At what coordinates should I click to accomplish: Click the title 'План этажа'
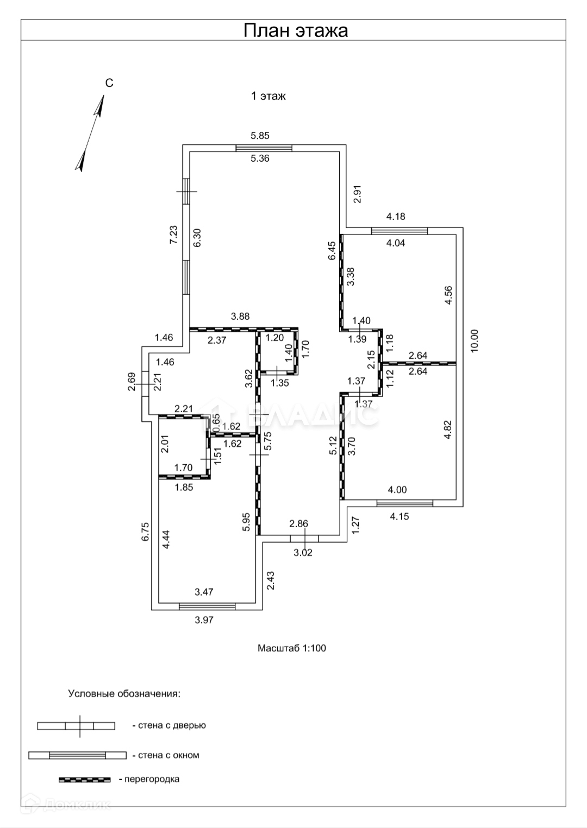[295, 30]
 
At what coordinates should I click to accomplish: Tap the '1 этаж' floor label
[268, 96]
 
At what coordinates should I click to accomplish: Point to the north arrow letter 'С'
[109, 83]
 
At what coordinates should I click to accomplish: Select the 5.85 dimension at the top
[260, 136]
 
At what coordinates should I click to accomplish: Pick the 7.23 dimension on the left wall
[174, 235]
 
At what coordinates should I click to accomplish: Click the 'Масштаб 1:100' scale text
[292, 648]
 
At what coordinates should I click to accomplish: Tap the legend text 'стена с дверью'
[172, 725]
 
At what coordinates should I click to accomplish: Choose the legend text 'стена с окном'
[168, 755]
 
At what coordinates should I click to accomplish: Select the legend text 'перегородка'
[152, 779]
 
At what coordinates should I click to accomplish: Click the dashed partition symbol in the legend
[84, 780]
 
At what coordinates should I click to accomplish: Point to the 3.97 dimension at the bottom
[204, 620]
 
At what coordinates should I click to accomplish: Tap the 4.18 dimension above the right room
[396, 217]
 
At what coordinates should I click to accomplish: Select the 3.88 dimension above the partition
[240, 316]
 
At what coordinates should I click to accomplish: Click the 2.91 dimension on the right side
[357, 194]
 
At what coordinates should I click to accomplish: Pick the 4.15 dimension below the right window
[399, 516]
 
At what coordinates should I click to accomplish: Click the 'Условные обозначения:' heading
[124, 693]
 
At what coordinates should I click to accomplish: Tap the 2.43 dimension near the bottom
[271, 580]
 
